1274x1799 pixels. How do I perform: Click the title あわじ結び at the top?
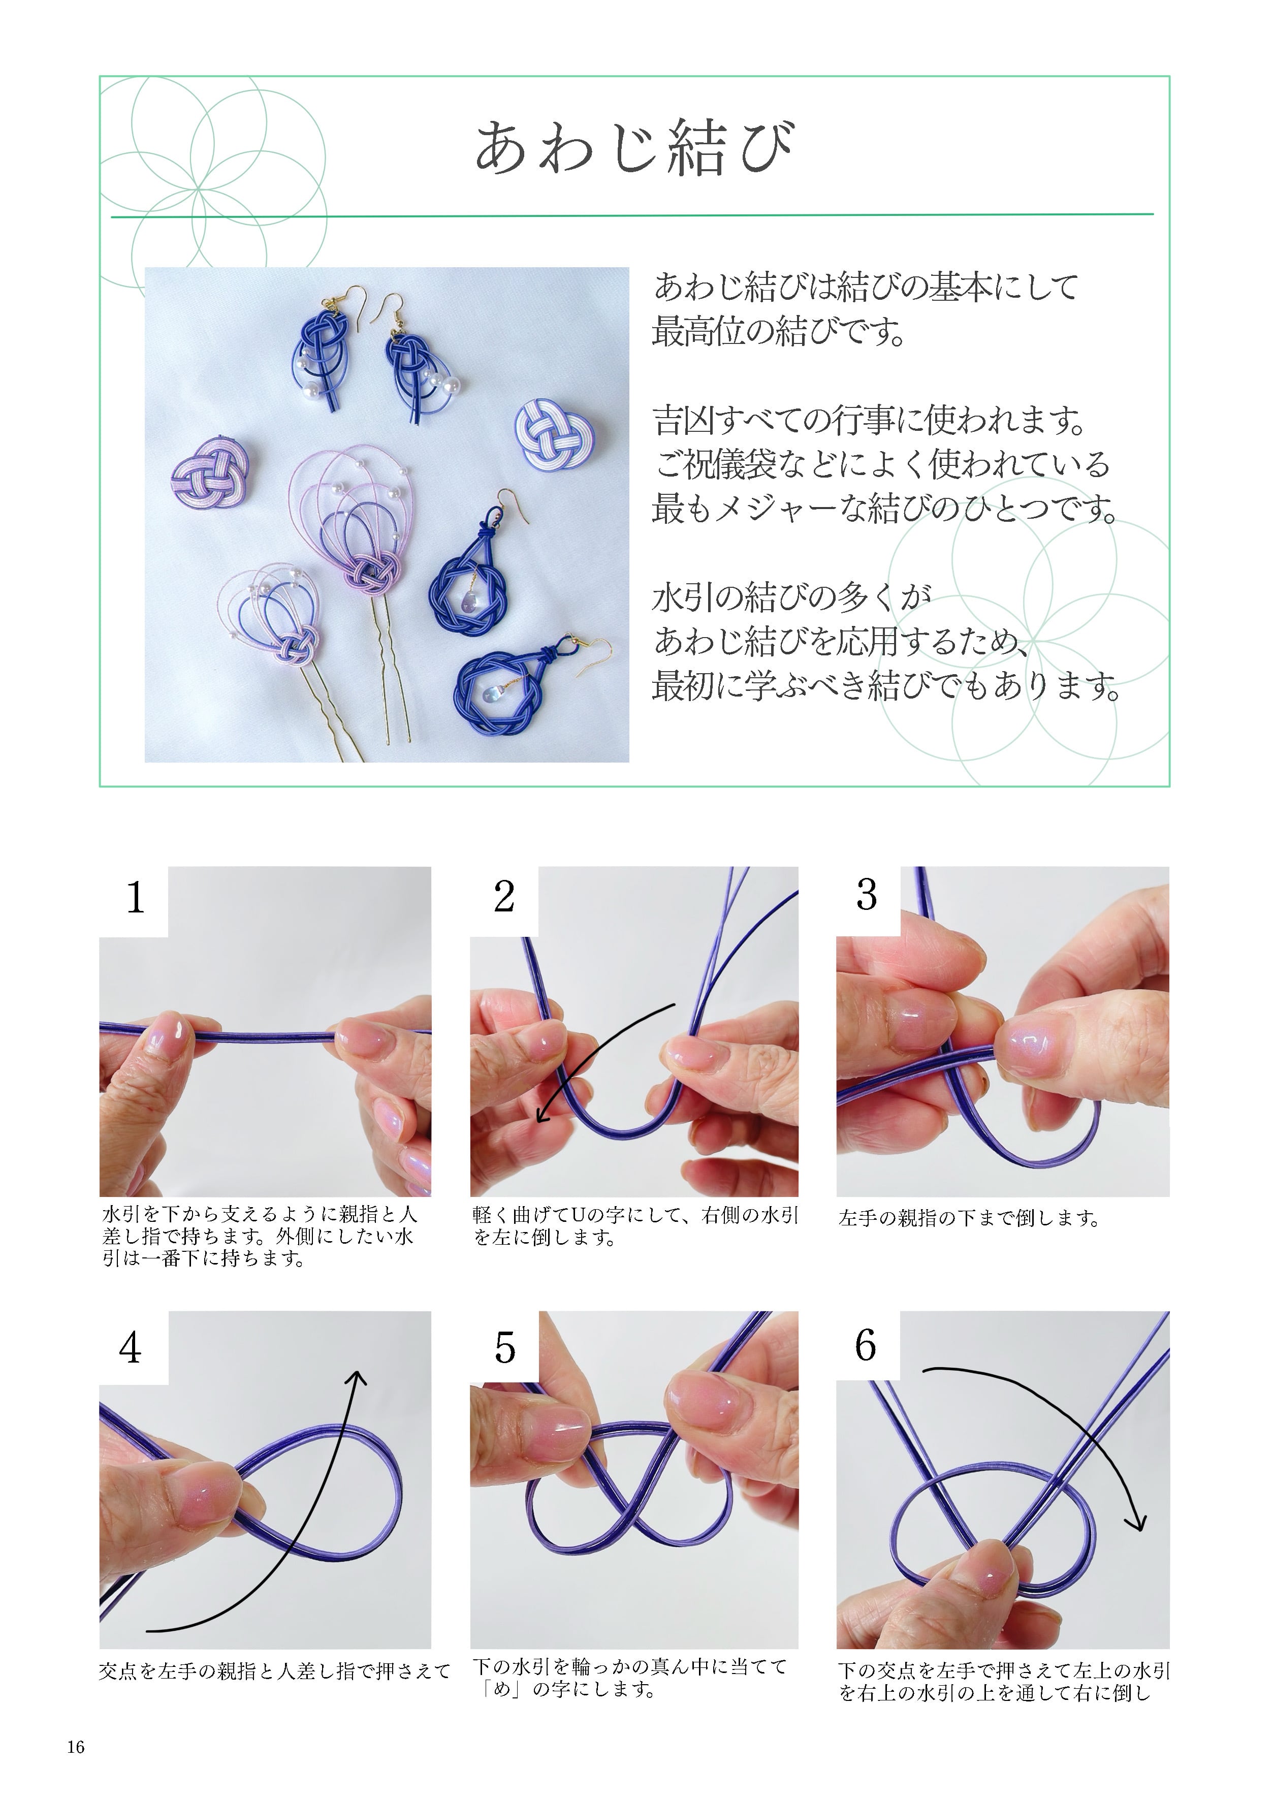(x=635, y=147)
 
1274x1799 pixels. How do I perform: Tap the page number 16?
(x=76, y=1747)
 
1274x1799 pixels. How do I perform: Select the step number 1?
(x=135, y=898)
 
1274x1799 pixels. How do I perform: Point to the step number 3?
(x=866, y=895)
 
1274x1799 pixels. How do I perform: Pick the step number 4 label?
(x=130, y=1348)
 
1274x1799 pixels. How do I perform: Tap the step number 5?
(x=504, y=1348)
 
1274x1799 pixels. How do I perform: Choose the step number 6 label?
(x=865, y=1345)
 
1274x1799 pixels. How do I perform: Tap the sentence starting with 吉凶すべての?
(x=870, y=421)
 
